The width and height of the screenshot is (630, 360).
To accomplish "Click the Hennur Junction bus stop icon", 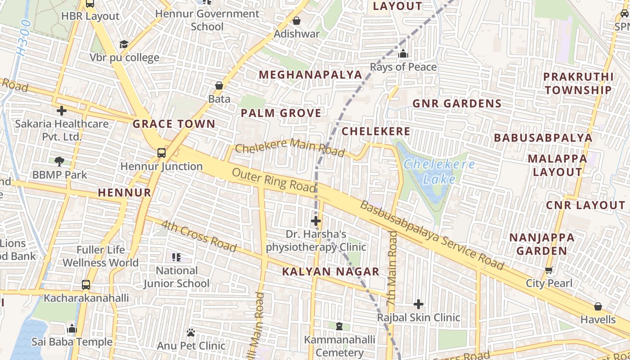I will click(x=162, y=153).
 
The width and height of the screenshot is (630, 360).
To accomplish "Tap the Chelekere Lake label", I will click(x=439, y=171).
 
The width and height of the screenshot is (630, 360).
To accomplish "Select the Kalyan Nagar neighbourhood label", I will click(x=331, y=271).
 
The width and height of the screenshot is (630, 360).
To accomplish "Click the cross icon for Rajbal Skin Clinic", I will click(x=418, y=304).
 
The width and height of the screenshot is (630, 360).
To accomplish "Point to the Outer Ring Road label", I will click(x=274, y=180).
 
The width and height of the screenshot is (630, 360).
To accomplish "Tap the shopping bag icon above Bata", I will click(x=219, y=85).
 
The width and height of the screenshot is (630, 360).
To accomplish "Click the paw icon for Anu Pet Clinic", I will click(x=191, y=333).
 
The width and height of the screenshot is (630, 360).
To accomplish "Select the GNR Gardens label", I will click(x=457, y=103).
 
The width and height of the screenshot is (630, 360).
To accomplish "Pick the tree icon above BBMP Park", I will click(x=59, y=161).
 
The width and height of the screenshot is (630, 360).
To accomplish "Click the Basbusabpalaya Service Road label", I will click(x=432, y=235).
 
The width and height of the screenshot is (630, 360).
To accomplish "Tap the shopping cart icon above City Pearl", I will click(x=549, y=270).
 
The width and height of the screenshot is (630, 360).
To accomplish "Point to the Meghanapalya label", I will click(x=310, y=75).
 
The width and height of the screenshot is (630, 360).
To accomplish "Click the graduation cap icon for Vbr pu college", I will click(x=124, y=44).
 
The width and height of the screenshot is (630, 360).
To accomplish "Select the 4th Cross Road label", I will click(x=198, y=236).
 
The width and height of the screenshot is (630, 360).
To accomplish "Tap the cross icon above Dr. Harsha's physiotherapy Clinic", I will click(x=316, y=221).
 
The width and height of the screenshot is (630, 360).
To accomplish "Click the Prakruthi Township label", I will click(x=578, y=83).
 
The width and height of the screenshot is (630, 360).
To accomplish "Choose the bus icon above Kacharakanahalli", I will click(x=86, y=285).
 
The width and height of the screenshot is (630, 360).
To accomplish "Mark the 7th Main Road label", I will click(x=392, y=269).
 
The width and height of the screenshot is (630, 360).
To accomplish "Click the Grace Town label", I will click(x=174, y=124).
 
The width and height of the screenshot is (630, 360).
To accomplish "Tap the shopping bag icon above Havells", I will click(x=598, y=307).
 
